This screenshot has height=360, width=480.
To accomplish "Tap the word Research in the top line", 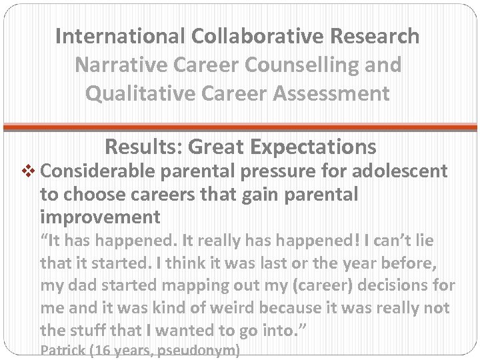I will pos(371,36).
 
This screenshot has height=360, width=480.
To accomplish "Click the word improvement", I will pos(100,217).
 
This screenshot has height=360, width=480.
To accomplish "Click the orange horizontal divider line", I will pos(240,126).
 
